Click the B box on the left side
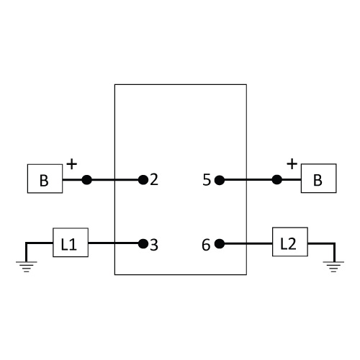[45, 179]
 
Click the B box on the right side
[319, 179]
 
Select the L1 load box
[71, 243]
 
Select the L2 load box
[290, 242]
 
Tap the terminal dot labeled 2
[143, 180]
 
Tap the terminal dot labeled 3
[143, 244]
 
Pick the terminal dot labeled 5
[220, 180]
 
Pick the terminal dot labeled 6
[220, 244]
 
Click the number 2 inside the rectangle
[154, 179]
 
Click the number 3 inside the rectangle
[154, 245]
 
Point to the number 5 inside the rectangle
[207, 180]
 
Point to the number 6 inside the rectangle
[206, 245]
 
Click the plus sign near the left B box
[71, 164]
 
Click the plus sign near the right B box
[292, 164]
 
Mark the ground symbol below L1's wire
[27, 266]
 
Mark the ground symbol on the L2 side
[333, 266]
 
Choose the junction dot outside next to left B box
[86, 180]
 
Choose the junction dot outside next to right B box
[277, 179]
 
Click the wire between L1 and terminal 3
[113, 243]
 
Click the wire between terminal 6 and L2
[248, 244]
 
